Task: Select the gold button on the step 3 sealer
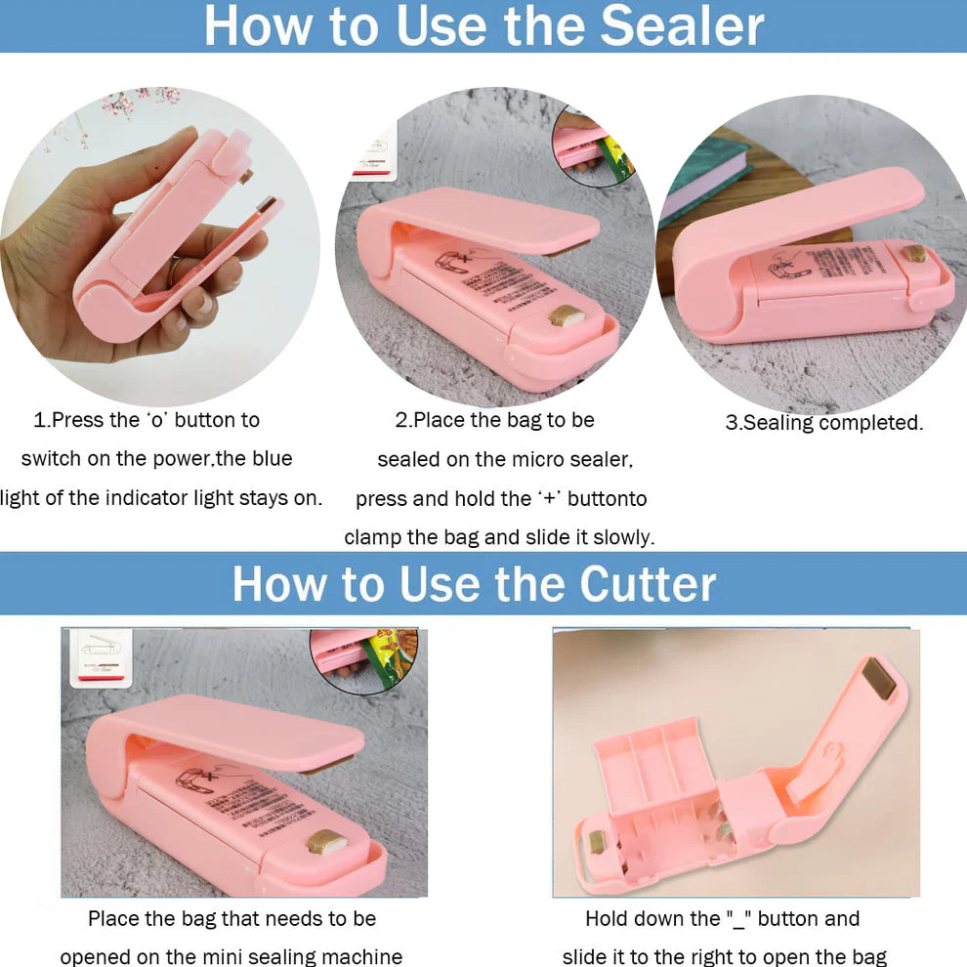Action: point(914,254)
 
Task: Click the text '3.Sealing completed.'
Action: point(823,423)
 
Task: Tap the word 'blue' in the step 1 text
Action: point(269,458)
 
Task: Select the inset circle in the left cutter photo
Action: point(364,656)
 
